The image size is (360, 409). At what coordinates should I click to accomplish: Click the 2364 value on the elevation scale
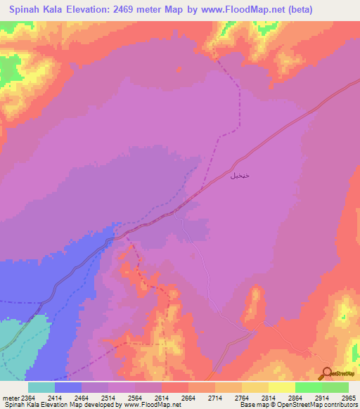[27, 398]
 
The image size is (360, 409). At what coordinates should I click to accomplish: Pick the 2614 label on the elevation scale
[161, 398]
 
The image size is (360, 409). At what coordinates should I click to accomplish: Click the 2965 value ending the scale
[348, 398]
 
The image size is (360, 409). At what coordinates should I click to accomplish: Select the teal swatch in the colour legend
[41, 387]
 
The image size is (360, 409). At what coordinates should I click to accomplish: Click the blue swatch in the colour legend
[67, 387]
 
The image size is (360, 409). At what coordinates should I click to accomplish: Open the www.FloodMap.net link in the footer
[148, 405]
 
